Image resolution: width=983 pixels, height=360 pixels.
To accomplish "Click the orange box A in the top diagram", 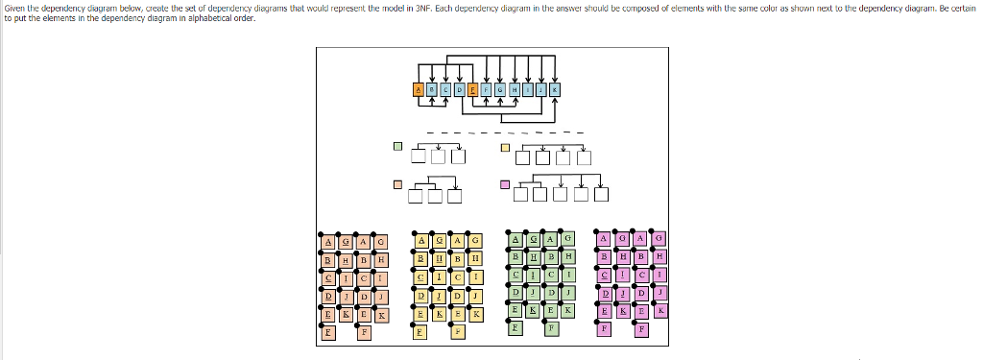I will point(418,89).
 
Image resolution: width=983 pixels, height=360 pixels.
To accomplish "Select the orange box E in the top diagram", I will point(472,89).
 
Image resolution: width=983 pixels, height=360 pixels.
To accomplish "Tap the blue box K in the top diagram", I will point(554,89).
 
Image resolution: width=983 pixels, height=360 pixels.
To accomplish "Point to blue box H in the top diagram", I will point(514,89).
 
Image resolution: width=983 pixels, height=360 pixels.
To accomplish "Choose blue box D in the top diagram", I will point(459,89).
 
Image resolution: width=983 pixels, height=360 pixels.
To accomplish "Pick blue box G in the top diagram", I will point(500,89).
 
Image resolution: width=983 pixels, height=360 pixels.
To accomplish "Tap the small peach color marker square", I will point(397,184).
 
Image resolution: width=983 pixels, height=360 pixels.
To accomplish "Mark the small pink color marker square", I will point(505,184).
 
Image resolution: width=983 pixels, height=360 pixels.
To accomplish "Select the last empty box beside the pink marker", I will point(602,197).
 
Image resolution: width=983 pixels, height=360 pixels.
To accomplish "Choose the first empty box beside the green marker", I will point(419,157).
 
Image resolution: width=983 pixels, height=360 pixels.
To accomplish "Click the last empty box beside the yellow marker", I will point(584,157).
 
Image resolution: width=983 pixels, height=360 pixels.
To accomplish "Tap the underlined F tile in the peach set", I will point(328,332).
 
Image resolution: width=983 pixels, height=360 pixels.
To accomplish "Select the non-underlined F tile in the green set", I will point(550,329).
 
